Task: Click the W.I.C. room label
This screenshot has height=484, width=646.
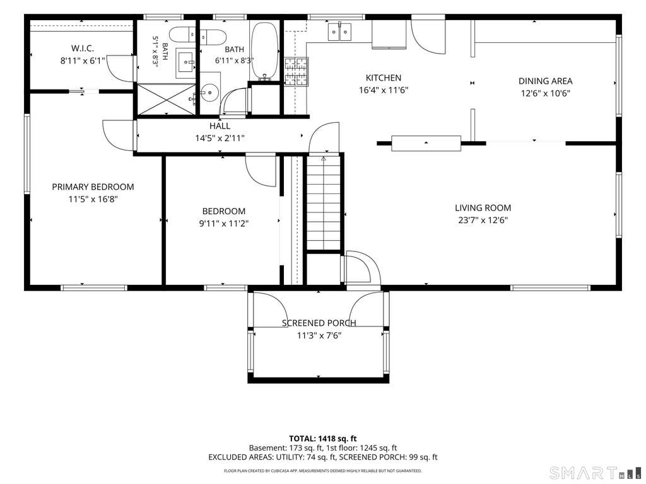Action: click(x=83, y=48)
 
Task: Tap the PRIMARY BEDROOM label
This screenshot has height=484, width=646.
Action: click(x=93, y=187)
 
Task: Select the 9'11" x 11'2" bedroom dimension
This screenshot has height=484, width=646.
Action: click(x=224, y=224)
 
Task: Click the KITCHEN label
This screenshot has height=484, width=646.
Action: click(x=384, y=78)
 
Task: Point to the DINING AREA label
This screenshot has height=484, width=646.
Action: click(x=546, y=81)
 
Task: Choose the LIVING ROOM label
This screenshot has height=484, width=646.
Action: click(x=483, y=208)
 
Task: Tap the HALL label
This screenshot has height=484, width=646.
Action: click(x=220, y=126)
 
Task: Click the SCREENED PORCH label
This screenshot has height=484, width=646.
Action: click(x=319, y=323)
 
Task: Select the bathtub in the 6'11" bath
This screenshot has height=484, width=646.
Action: click(x=266, y=50)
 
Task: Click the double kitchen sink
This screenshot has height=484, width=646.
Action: click(x=340, y=32)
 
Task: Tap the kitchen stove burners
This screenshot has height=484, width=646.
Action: click(x=297, y=71)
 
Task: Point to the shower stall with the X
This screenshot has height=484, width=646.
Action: click(x=166, y=99)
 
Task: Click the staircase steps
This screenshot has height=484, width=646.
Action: click(x=324, y=202)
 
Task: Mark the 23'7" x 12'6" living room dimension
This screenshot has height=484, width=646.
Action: click(x=483, y=220)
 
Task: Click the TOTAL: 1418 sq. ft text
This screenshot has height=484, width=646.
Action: click(x=322, y=439)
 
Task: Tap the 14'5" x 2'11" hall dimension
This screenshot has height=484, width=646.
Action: click(x=220, y=138)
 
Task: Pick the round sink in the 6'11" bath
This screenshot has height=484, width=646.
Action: click(x=209, y=92)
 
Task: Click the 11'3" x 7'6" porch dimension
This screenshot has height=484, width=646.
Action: click(x=319, y=335)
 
